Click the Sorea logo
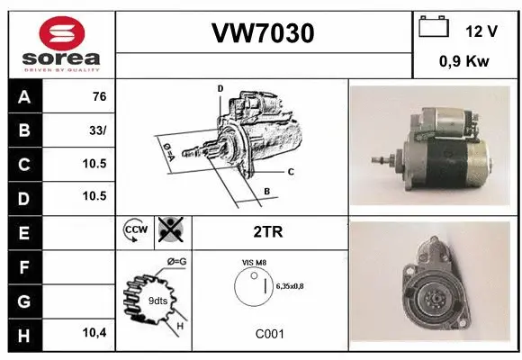59,41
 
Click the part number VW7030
262,33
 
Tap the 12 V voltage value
481,31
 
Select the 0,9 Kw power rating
464,63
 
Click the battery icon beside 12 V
433,29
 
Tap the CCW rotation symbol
134,231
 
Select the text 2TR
269,231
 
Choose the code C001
269,333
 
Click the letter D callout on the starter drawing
220,88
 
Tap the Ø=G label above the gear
177,261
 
